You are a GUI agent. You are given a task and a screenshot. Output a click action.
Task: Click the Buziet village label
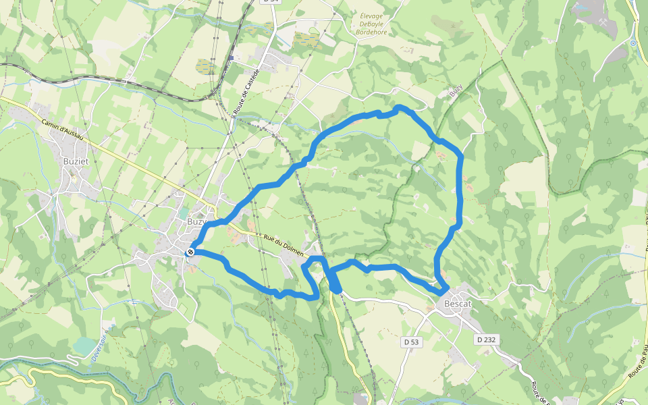pyautogui.click(x=76, y=161)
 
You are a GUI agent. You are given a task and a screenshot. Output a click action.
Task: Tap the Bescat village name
pyautogui.click(x=457, y=304)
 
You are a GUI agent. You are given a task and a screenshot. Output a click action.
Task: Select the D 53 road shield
pyautogui.click(x=411, y=342)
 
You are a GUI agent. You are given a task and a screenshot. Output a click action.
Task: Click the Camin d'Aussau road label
pyautogui.click(x=62, y=130)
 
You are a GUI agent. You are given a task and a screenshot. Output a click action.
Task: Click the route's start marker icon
pyautogui.click(x=191, y=252)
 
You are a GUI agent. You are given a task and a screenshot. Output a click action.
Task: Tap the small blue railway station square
pyautogui.click(x=230, y=58)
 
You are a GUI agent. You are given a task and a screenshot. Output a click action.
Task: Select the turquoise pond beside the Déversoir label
pyautogui.click(x=85, y=346)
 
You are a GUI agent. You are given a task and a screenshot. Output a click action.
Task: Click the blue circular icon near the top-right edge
pyautogui.click(x=632, y=43)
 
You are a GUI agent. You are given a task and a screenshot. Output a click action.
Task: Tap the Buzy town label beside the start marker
pyautogui.click(x=195, y=221)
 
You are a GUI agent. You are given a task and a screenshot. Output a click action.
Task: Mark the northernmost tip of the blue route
pyautogui.click(x=399, y=107)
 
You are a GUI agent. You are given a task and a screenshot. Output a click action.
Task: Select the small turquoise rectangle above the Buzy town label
pyautogui.click(x=184, y=213)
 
